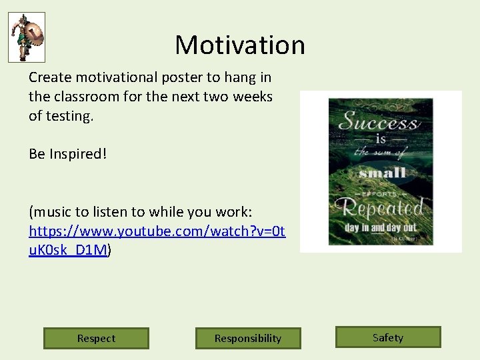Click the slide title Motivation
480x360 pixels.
point(240,45)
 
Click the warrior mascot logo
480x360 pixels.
point(27,37)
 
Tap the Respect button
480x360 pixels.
point(96,338)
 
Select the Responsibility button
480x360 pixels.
point(248,338)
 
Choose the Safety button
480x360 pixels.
point(388,337)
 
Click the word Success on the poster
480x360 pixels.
point(378,121)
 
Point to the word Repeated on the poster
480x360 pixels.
point(381,208)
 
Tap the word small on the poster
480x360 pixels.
point(381,173)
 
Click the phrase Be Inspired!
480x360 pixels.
point(67,154)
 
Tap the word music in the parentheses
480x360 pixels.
point(51,212)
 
